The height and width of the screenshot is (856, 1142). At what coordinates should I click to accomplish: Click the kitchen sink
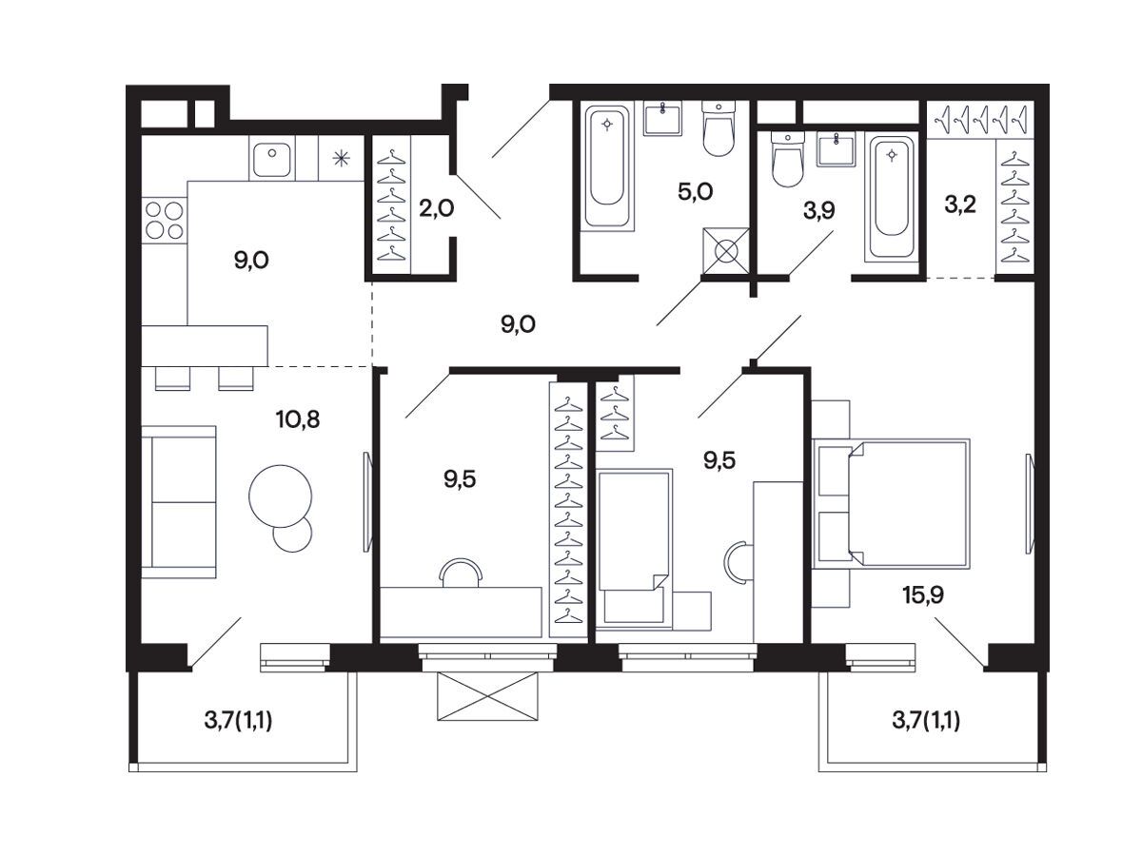pyautogui.click(x=271, y=159)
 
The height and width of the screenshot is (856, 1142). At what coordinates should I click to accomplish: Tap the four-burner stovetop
pyautogui.click(x=165, y=221)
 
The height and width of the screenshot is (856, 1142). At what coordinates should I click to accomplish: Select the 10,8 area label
pyautogui.click(x=298, y=418)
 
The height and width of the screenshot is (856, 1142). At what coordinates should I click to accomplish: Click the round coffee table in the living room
pyautogui.click(x=281, y=496)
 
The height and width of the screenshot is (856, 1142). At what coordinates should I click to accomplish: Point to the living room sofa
pyautogui.click(x=179, y=502)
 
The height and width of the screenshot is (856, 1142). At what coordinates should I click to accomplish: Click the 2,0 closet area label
pyautogui.click(x=436, y=208)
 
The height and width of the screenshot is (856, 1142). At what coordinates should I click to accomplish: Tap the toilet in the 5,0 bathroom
pyautogui.click(x=719, y=128)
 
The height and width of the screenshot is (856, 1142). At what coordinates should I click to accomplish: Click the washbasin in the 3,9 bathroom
pyautogui.click(x=836, y=148)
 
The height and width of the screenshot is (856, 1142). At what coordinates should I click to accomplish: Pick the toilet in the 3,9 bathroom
pyautogui.click(x=788, y=159)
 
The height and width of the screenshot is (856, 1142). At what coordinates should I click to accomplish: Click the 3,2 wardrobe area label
pyautogui.click(x=960, y=204)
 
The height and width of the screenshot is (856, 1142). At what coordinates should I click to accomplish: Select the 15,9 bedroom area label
pyautogui.click(x=923, y=595)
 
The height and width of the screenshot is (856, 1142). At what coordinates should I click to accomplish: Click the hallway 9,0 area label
pyautogui.click(x=518, y=324)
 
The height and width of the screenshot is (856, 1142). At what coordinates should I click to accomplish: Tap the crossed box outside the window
pyautogui.click(x=487, y=696)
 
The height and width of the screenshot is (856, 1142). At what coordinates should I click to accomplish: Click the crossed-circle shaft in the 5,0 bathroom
pyautogui.click(x=726, y=251)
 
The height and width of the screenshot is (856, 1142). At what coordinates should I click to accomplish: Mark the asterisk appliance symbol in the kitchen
pyautogui.click(x=341, y=158)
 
